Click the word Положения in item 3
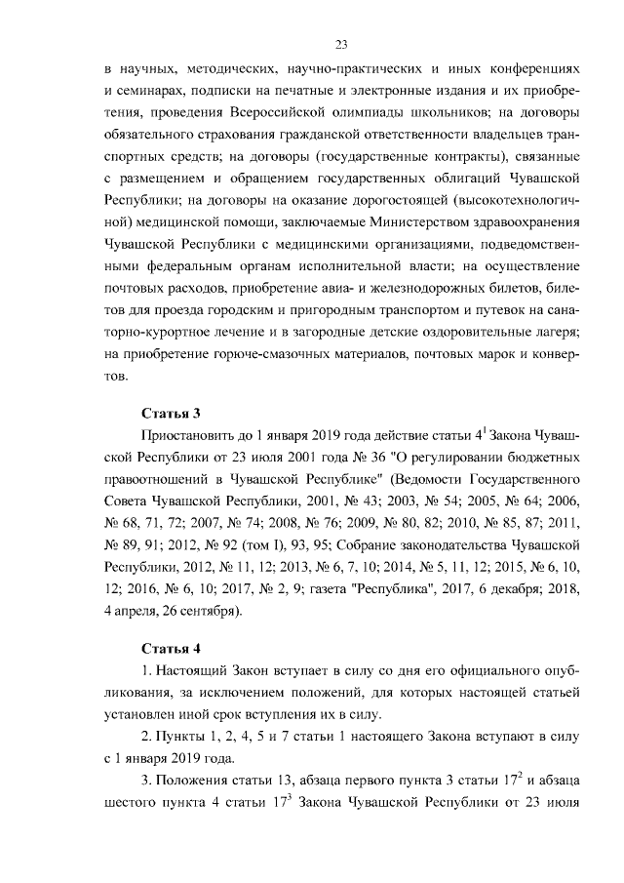194,783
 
